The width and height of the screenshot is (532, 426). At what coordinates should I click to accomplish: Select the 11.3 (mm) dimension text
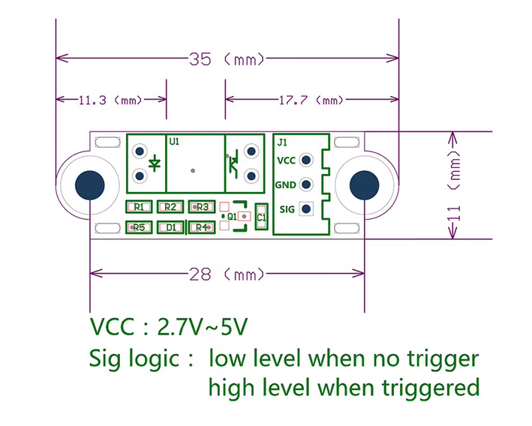[110, 99]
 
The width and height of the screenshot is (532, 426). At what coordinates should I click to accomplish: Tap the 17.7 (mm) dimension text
[308, 99]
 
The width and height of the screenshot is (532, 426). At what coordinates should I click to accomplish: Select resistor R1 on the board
[139, 207]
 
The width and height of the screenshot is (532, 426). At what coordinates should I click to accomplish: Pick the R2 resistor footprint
[170, 207]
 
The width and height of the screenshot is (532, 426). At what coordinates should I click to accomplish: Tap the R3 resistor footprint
[201, 207]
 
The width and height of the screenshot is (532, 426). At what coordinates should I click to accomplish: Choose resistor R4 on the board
[200, 227]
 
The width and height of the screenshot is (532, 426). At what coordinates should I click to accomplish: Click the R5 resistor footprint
[139, 227]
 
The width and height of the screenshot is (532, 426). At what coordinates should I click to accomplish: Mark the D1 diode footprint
[170, 227]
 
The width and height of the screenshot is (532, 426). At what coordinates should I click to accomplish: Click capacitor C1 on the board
[261, 217]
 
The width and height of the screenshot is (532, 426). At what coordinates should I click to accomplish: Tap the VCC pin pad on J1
[306, 160]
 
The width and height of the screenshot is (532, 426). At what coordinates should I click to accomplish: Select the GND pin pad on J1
[306, 184]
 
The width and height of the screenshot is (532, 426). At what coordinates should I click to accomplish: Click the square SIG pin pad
[306, 209]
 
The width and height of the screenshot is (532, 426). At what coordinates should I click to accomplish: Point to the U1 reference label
[174, 142]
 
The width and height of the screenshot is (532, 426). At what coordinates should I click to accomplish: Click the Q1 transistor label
[233, 216]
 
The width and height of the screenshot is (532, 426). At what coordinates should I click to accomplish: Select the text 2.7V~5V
[203, 327]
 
